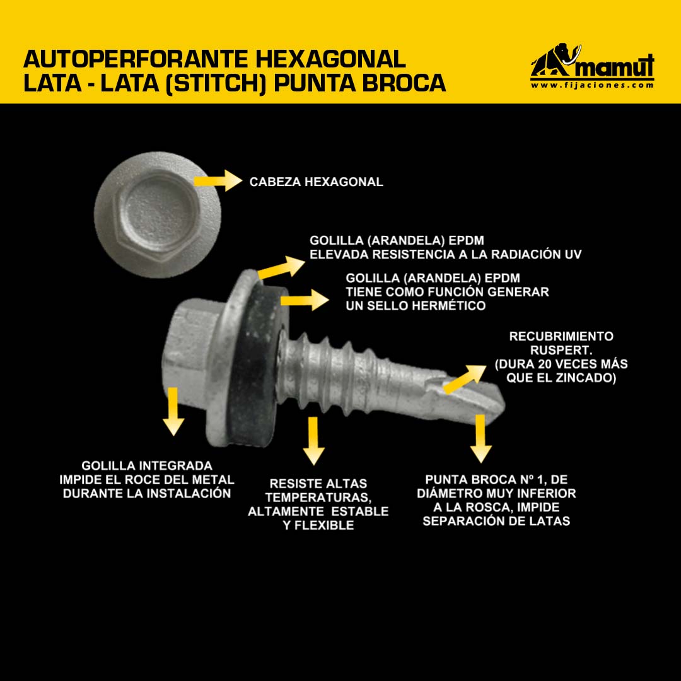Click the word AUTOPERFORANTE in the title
click(136, 59)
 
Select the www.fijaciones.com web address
click(592, 85)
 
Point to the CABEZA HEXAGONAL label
click(316, 182)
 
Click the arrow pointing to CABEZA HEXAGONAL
click(218, 181)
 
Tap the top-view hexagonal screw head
click(158, 214)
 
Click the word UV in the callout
click(573, 254)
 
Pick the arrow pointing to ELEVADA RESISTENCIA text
click(281, 267)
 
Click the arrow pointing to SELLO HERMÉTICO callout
click(304, 300)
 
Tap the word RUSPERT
click(561, 349)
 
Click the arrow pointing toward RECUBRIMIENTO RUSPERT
click(464, 379)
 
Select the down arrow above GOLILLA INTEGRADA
click(173, 411)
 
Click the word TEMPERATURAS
click(318, 498)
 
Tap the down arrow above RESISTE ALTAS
click(313, 441)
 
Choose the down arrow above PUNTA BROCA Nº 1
click(480, 439)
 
